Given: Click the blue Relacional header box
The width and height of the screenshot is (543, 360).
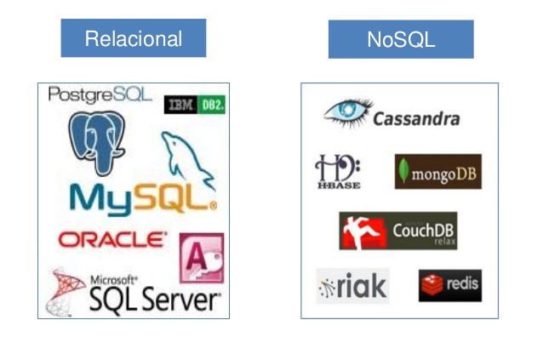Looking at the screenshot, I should tap(133, 39).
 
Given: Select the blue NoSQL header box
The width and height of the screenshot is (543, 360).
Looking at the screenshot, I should tap(400, 39).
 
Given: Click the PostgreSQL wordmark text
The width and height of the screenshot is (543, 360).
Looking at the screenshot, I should tap(100, 94).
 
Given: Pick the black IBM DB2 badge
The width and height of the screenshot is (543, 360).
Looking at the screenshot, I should tap(194, 104).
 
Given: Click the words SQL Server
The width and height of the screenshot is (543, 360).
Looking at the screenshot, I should tap(154, 299).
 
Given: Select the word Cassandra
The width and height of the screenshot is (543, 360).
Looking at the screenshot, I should tap(416, 119).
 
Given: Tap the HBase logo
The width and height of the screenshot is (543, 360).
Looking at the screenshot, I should tap(338, 171).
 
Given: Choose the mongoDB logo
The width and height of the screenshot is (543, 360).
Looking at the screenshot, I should tap(437, 172).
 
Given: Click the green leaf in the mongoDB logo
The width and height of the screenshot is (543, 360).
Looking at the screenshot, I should tap(404, 173).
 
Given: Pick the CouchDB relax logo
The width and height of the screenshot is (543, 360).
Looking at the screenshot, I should tap(397, 231).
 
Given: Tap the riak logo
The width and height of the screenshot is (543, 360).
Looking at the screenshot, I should tap(352, 287).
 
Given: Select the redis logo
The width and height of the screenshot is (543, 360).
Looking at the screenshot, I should tap(449, 285).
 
